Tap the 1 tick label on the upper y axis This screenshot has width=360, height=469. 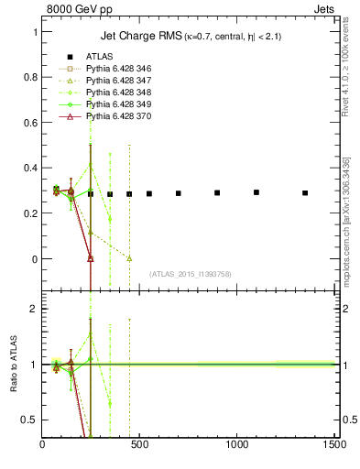point(34,32)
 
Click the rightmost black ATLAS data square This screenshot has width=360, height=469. point(305,193)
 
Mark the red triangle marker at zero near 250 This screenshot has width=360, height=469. point(91,258)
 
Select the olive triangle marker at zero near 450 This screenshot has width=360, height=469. point(129,258)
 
